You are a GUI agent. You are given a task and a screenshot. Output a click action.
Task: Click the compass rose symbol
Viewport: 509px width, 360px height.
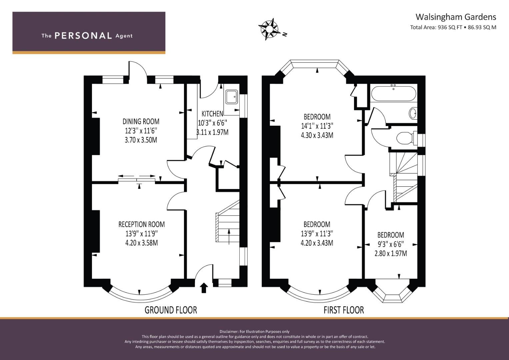(269, 29)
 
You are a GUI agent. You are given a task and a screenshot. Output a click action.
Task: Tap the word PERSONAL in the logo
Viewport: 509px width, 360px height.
(83, 36)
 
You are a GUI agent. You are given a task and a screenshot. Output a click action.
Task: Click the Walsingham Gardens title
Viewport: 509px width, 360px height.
(456, 17)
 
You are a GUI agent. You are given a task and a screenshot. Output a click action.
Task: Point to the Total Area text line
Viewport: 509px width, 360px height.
(453, 27)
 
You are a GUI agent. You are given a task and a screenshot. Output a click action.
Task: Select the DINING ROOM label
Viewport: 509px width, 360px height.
(141, 121)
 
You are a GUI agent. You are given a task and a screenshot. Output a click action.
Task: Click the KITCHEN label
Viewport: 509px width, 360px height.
(212, 113)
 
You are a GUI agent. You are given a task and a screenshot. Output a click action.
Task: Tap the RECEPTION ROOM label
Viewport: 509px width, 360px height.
(142, 224)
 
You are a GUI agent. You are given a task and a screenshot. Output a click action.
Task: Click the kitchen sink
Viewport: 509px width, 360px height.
(232, 97)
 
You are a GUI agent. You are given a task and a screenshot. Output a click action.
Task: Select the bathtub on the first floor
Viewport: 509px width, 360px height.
(394, 93)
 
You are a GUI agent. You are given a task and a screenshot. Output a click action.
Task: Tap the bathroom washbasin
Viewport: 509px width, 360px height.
(413, 113)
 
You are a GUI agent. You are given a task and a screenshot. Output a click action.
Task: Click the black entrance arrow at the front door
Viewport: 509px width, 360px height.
(204, 288)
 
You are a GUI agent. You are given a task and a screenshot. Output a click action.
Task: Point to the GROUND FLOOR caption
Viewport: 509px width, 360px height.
(171, 310)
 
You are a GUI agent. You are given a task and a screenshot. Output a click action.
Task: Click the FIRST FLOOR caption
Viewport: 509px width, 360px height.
(344, 310)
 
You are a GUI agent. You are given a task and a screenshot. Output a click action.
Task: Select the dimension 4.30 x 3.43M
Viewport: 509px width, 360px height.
(317, 135)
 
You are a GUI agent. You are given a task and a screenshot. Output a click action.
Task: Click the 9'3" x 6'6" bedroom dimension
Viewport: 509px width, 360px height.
(391, 244)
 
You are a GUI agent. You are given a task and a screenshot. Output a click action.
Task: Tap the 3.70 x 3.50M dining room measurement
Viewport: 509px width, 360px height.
(141, 140)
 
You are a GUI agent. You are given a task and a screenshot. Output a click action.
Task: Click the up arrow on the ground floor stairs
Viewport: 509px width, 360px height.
(229, 237)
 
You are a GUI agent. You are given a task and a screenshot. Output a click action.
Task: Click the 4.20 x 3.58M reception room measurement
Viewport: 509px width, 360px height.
(142, 243)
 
